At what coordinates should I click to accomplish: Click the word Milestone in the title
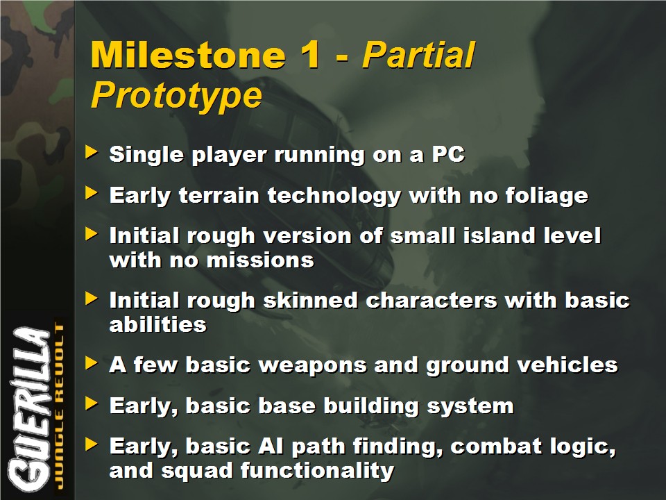[x=188, y=55]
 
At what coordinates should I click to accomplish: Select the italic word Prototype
[x=176, y=96]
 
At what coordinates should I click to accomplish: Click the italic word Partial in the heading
[x=418, y=55]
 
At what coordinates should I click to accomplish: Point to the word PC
[x=448, y=154]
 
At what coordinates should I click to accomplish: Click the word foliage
[x=547, y=196]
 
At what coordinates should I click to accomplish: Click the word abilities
[x=157, y=325]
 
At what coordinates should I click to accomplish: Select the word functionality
[x=317, y=471]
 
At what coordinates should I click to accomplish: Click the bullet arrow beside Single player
[x=92, y=152]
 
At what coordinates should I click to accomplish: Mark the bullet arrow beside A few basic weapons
[x=92, y=362]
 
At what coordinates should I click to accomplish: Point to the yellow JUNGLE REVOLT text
[x=60, y=407]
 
